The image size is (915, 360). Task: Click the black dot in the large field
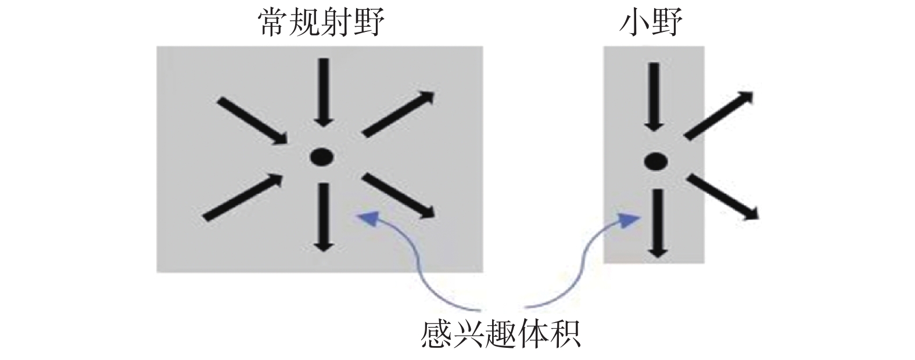pyautogui.click(x=321, y=156)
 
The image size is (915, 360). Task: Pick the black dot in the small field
pyautogui.click(x=655, y=161)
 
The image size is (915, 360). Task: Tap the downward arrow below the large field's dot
pyautogui.click(x=323, y=217)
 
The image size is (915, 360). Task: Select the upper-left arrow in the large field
pyautogui.click(x=253, y=122)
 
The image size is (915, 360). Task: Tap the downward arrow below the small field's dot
pyautogui.click(x=657, y=224)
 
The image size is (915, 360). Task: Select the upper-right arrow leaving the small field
pyautogui.click(x=720, y=116)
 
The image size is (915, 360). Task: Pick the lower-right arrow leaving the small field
pyautogui.click(x=723, y=197)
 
